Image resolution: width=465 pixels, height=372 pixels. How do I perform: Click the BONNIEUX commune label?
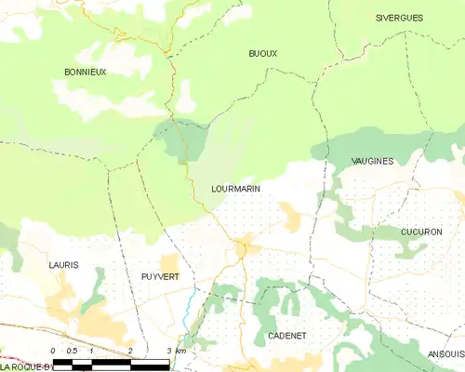pos(85,72)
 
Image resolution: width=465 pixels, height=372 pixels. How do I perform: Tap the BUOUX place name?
pos(263,54)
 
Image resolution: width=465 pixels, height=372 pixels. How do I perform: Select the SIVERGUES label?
pos(399,18)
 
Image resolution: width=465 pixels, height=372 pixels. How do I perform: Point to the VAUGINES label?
pos(372,161)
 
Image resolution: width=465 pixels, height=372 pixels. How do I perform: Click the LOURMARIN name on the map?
pos(235,189)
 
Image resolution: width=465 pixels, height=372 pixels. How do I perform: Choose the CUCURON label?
pos(421,232)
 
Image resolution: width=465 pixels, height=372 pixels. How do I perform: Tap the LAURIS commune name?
pos(63,265)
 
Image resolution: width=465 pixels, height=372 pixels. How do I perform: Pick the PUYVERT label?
pos(160,277)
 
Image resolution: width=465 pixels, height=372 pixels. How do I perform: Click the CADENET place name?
pos(286,335)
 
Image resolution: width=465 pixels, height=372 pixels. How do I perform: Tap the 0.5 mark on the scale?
pos(72,351)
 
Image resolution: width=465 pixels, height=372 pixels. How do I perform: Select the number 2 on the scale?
pos(130,351)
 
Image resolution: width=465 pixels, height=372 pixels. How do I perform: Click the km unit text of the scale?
pos(181,351)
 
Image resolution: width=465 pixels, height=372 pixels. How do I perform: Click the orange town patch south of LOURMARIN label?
pos(246,247)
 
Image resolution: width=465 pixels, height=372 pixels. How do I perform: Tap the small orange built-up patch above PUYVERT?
pos(169,263)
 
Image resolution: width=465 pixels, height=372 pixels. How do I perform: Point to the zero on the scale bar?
pos(53,351)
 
